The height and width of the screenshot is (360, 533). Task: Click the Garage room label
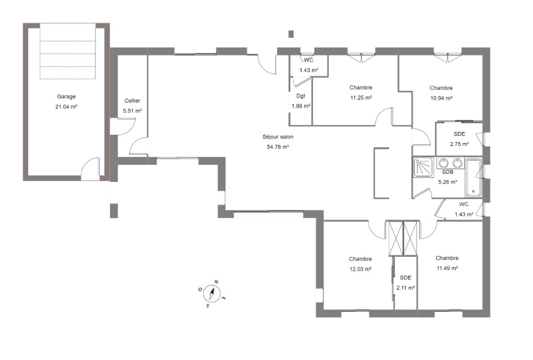(66, 97)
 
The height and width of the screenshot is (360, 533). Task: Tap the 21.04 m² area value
(66, 107)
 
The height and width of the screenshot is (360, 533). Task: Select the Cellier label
(132, 100)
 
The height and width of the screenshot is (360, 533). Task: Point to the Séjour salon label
(278, 137)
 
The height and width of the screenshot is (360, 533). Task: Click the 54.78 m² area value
(278, 146)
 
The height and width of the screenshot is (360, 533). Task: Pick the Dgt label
(301, 96)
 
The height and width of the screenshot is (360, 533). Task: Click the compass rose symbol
(212, 293)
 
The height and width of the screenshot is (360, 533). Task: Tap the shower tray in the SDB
(423, 167)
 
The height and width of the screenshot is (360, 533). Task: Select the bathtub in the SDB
(473, 178)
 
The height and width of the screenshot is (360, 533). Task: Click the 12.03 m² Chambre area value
(360, 269)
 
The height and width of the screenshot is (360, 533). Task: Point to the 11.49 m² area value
(447, 268)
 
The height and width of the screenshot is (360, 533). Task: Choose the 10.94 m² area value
(441, 98)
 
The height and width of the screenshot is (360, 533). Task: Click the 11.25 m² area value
(361, 98)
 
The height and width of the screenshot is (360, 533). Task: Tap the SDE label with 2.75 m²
(459, 134)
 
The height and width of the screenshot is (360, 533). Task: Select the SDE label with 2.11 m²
(405, 278)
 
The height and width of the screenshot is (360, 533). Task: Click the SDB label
(447, 172)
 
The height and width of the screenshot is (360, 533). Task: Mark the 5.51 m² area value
(132, 111)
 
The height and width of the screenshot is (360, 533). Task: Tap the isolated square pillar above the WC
(291, 34)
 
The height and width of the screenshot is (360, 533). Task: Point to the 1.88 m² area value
(301, 106)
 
